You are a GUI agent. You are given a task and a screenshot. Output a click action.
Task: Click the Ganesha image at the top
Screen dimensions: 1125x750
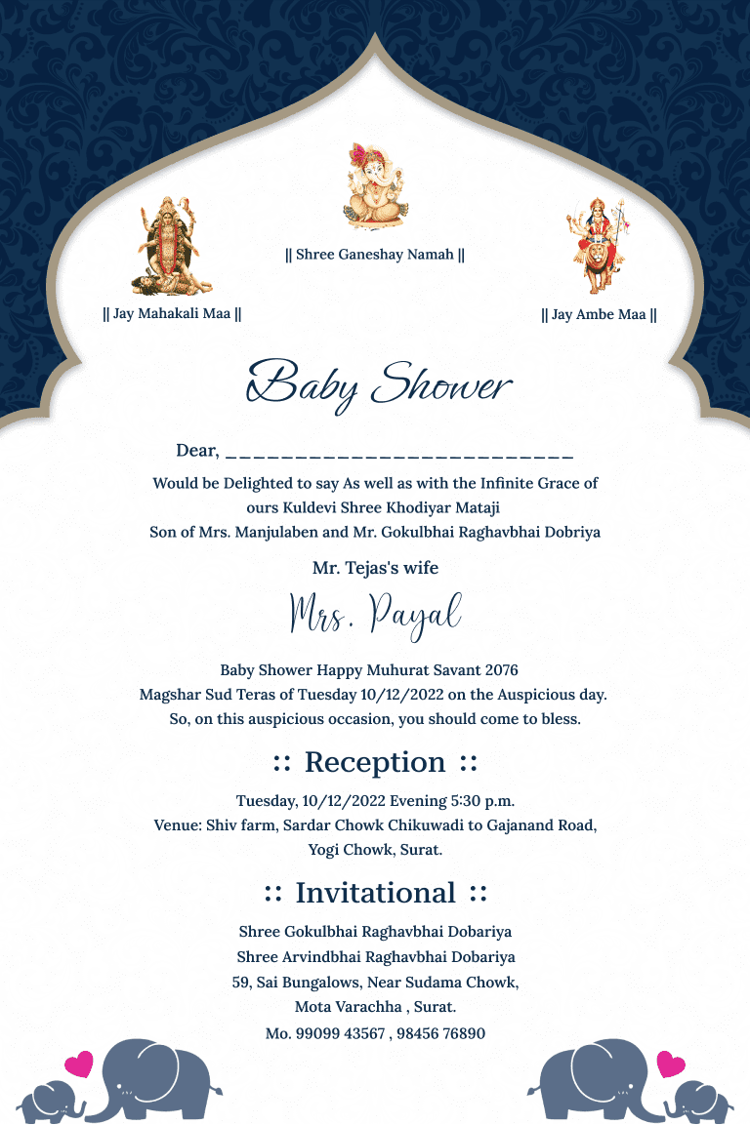pos(375,186)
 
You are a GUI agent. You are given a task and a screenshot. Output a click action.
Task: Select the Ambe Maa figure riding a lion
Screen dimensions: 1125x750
pos(599,245)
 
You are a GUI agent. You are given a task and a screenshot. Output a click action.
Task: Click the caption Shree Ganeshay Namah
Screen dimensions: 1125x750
pos(375,255)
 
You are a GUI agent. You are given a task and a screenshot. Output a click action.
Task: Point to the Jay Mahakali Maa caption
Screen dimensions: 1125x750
pos(172,314)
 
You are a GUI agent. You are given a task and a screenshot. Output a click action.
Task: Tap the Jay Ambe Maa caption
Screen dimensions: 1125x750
pos(599,315)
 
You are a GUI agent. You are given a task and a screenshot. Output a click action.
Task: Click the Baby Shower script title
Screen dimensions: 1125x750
pos(379,382)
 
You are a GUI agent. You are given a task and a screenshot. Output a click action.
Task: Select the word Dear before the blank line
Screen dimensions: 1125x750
pos(196,451)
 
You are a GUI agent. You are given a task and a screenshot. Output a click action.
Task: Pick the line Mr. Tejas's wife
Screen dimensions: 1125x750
pos(375,568)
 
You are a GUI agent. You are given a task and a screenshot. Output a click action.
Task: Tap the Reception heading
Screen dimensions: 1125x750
pos(375,762)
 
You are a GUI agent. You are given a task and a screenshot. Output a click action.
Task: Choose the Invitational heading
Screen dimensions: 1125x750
pos(375,893)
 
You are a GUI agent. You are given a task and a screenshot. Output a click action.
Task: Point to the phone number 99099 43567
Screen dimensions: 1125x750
pos(338,1033)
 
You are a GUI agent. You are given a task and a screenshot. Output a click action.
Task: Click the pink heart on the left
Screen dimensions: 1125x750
pos(78,1064)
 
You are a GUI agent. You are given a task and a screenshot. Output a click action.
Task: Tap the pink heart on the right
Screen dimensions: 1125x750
pos(671,1064)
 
